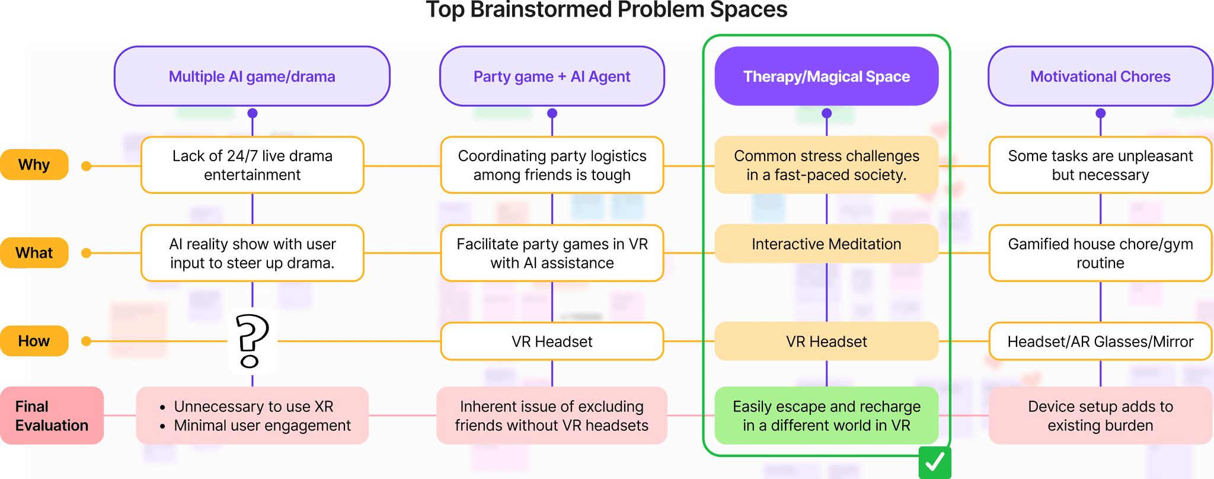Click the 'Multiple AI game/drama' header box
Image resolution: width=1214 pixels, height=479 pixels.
(x=252, y=76)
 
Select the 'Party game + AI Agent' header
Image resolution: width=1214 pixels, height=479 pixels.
(x=552, y=76)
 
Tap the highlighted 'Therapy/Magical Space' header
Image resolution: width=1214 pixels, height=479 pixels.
(x=826, y=76)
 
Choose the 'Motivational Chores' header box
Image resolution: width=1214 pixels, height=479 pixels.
(x=1100, y=76)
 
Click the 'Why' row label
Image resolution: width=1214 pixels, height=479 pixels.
(x=34, y=165)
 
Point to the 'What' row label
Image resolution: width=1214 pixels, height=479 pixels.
(x=34, y=253)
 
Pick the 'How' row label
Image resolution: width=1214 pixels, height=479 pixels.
(x=34, y=341)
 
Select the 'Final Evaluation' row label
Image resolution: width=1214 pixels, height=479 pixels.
(x=52, y=416)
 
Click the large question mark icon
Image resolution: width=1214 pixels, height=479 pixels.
(x=252, y=341)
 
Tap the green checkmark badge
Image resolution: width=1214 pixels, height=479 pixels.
(x=935, y=462)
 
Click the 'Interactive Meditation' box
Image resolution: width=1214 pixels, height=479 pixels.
(x=826, y=244)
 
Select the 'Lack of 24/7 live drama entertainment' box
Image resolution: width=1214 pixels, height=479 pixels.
(x=253, y=165)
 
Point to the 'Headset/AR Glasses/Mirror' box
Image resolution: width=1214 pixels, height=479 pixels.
(x=1100, y=341)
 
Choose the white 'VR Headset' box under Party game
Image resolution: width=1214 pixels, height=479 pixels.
(x=552, y=341)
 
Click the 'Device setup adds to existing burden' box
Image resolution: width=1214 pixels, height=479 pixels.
(x=1100, y=416)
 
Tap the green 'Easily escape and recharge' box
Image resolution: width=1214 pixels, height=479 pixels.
(x=826, y=416)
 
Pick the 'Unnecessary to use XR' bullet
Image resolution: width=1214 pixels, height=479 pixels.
(x=254, y=407)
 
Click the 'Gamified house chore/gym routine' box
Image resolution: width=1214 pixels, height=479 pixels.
(x=1100, y=253)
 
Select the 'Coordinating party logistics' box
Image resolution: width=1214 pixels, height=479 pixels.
(x=552, y=165)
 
